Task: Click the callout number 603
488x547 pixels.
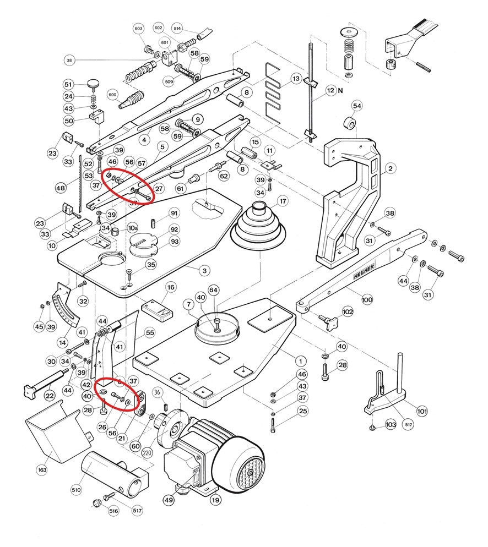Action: tap(138, 28)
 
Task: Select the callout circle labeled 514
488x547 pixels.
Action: tap(177, 28)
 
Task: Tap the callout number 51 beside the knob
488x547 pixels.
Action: tap(68, 84)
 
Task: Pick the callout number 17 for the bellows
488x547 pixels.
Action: tap(283, 201)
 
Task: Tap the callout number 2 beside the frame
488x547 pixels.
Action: tap(390, 168)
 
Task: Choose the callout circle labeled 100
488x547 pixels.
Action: tap(367, 300)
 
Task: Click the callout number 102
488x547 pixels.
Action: tap(348, 311)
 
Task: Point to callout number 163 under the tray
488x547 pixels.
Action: tap(42, 470)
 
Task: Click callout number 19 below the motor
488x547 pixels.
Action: tap(215, 500)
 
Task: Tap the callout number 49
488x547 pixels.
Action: tap(169, 500)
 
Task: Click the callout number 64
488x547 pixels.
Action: tap(213, 290)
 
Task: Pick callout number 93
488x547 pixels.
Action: tap(175, 242)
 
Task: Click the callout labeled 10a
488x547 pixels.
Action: tap(133, 227)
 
